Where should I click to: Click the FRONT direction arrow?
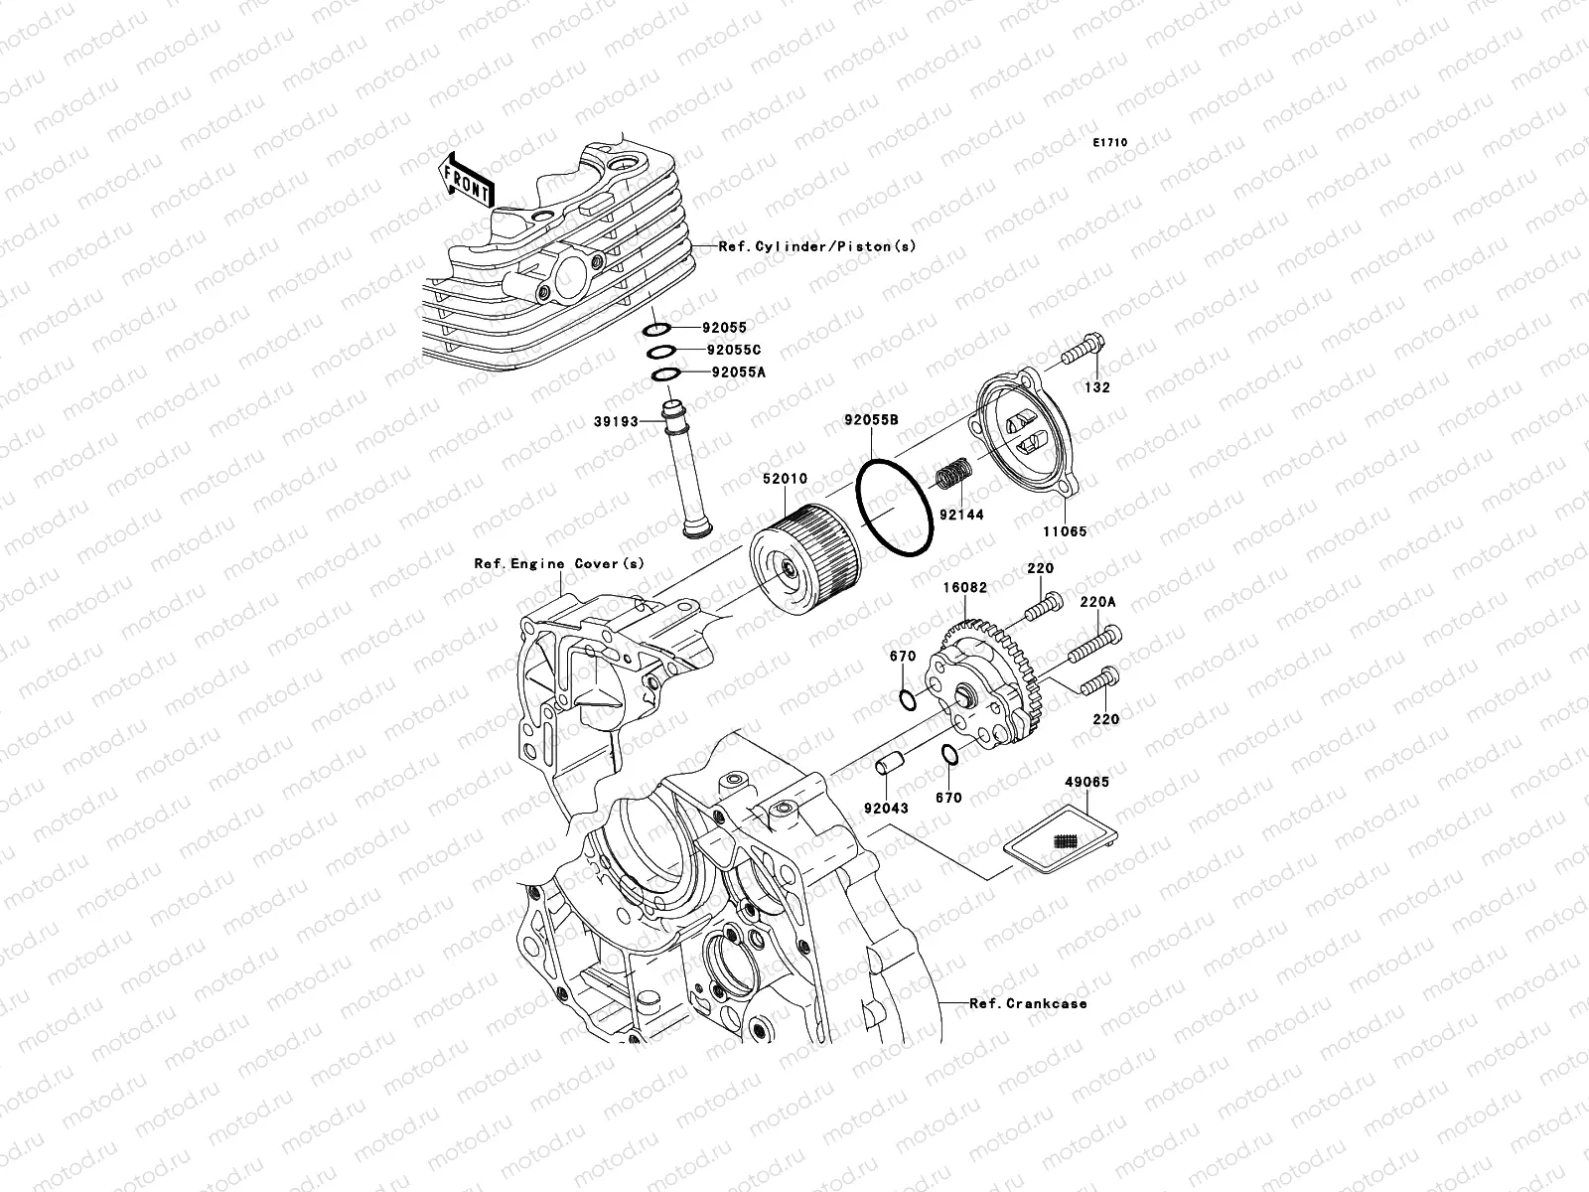(468, 180)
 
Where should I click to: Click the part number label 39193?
(617, 421)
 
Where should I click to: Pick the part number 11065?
(1065, 531)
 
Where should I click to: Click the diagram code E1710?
(1110, 143)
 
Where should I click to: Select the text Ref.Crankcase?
(1028, 1003)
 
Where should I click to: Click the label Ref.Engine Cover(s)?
(559, 563)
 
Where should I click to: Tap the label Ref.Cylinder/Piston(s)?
(817, 245)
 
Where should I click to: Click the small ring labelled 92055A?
(664, 373)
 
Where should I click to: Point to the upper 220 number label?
(1041, 569)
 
